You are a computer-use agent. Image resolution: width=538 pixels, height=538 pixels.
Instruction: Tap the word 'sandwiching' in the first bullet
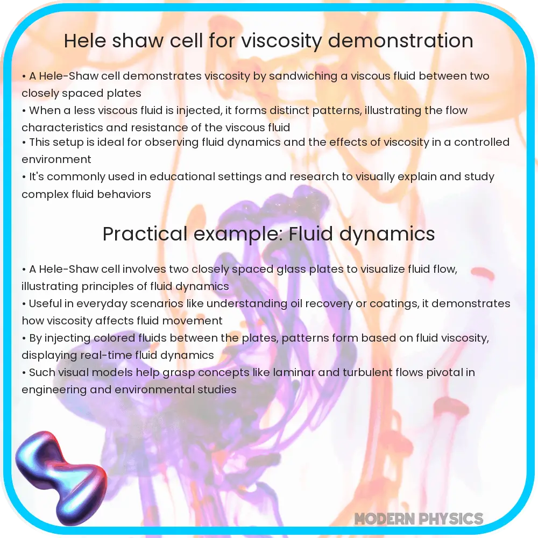coord(302,76)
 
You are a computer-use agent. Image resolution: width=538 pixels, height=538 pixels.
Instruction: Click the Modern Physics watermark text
coord(419,519)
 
